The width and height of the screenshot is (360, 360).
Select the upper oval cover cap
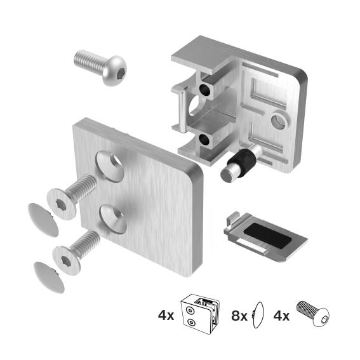click(41, 218)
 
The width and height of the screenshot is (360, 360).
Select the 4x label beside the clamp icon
click(166, 314)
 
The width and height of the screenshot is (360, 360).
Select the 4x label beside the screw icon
click(281, 314)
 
